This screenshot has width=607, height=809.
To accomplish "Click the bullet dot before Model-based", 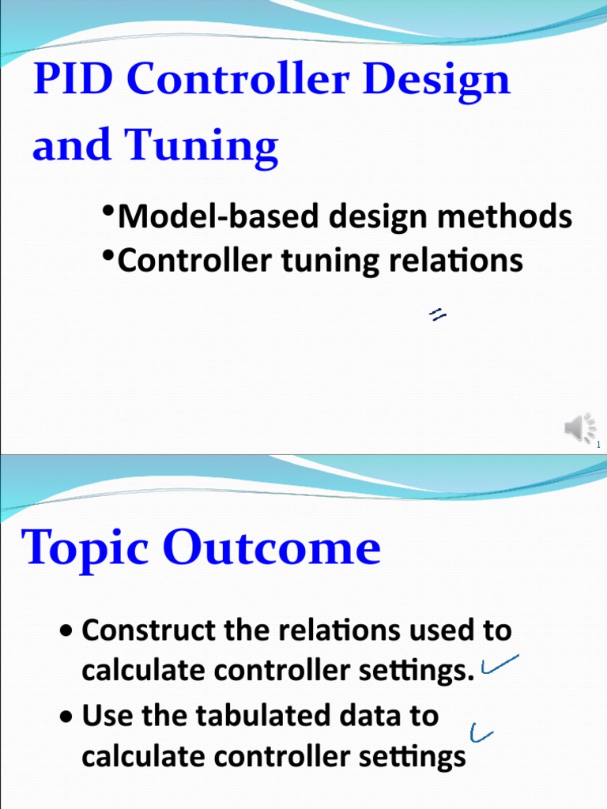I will [109, 211].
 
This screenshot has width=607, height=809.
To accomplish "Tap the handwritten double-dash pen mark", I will [437, 315].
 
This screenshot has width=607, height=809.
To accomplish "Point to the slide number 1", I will [598, 446].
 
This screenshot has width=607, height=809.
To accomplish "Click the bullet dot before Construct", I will [69, 632].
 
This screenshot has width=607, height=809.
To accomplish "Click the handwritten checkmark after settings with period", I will [498, 665].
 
